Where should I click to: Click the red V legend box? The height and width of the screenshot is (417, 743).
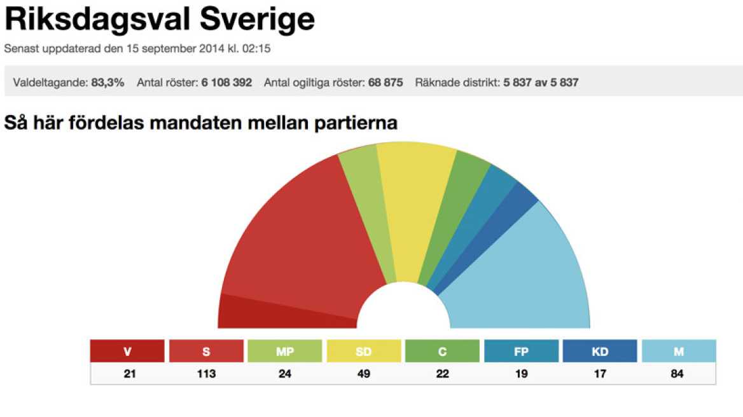[127, 351]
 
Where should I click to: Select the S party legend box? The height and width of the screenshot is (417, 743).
[206, 351]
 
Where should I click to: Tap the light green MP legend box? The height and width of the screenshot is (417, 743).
[284, 351]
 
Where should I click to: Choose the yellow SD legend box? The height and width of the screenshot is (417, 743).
[363, 351]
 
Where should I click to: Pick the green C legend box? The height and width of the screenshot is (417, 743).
[442, 351]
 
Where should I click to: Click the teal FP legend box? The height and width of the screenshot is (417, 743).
[521, 351]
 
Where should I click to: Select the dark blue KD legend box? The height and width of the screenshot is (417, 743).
[600, 351]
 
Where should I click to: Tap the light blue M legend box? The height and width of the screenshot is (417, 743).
[678, 351]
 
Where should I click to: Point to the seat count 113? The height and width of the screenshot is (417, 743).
[206, 374]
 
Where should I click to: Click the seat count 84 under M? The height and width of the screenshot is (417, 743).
[678, 374]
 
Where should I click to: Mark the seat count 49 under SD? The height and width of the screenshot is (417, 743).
[363, 374]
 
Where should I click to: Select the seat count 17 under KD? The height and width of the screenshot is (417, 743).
[600, 374]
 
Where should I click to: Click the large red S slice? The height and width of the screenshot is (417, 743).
[299, 235]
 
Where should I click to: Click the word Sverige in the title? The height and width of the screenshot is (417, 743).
[257, 20]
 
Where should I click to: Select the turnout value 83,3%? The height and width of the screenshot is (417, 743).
[108, 83]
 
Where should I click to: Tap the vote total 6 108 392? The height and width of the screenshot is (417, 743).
[226, 83]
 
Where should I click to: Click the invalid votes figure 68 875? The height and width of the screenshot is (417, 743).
[385, 83]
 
